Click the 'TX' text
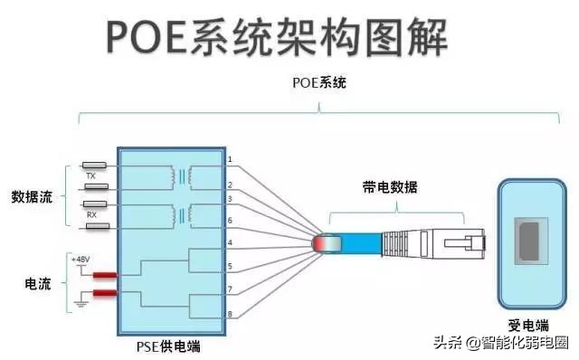[90, 176]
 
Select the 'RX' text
[90, 215]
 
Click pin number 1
[230, 160]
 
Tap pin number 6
[230, 221]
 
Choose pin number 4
[230, 242]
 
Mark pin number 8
[230, 314]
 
